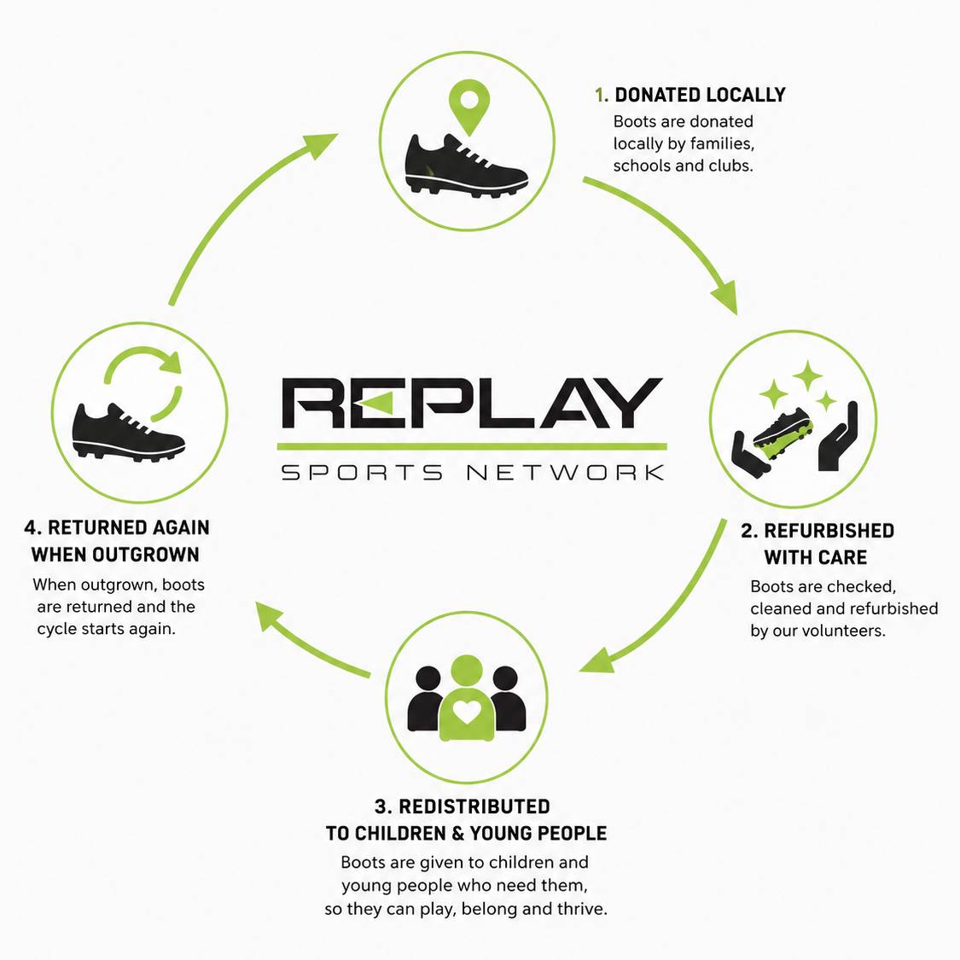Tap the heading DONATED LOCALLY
click(x=700, y=95)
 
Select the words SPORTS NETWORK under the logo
click(x=472, y=473)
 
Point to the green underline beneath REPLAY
click(x=472, y=447)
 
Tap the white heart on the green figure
click(x=467, y=712)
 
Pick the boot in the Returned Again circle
click(x=128, y=431)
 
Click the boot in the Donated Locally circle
click(x=466, y=166)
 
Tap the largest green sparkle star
click(x=807, y=375)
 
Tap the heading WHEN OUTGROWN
click(x=115, y=555)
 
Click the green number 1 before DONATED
click(x=602, y=95)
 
